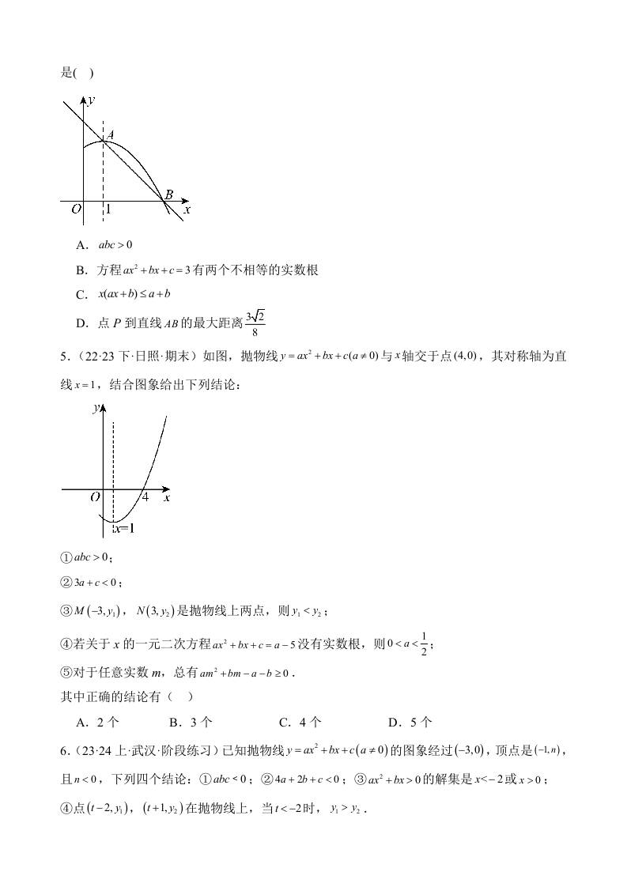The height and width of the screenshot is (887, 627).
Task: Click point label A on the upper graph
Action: (110, 135)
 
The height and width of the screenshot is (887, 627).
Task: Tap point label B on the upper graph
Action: (168, 195)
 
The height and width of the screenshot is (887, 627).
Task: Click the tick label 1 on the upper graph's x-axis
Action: (108, 210)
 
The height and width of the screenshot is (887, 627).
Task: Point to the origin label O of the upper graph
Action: (76, 210)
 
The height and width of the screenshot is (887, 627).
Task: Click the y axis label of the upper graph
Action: (92, 100)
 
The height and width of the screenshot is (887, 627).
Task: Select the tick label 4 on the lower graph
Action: (145, 498)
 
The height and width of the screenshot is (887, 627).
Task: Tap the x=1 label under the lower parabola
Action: (123, 528)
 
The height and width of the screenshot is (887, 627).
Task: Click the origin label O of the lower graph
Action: (94, 498)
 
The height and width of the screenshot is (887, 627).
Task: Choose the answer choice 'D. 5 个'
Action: (410, 722)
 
